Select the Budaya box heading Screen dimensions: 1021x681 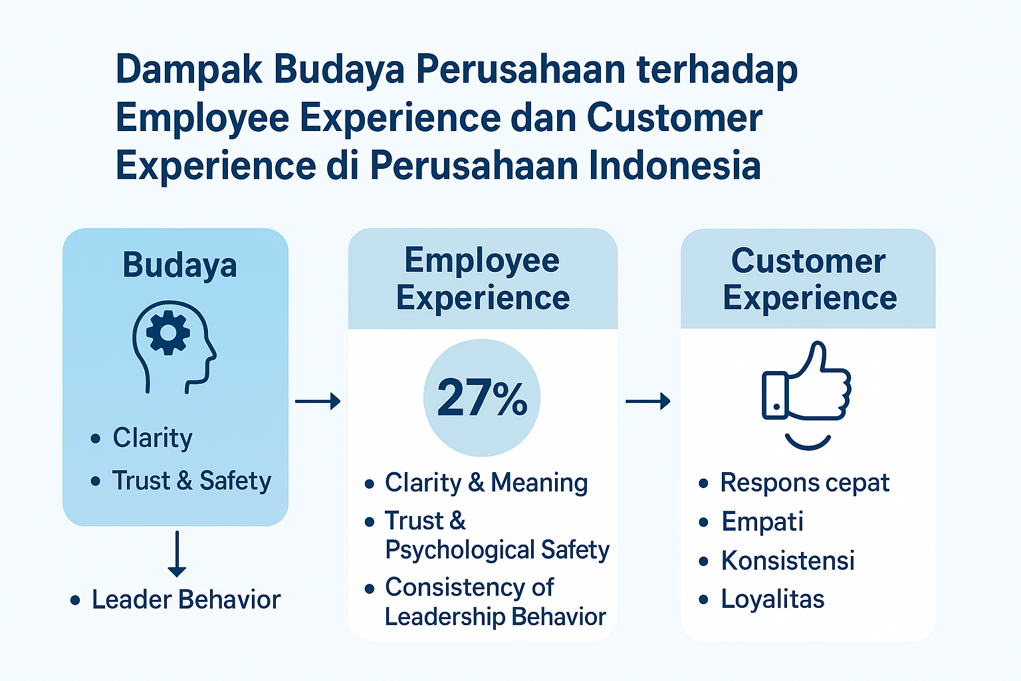pyautogui.click(x=179, y=265)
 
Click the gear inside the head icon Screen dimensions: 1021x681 pyautogui.click(x=168, y=333)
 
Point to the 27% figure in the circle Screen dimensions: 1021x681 pyautogui.click(x=482, y=398)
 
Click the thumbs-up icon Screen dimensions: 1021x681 pyautogui.click(x=806, y=381)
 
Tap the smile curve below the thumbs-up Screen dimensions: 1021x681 pyautogui.click(x=807, y=442)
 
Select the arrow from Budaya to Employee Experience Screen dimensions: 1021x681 pyautogui.click(x=318, y=402)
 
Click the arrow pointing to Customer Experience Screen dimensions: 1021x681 pyautogui.click(x=647, y=402)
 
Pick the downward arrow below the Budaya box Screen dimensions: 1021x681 pyautogui.click(x=177, y=554)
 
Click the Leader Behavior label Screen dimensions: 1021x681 pyautogui.click(x=186, y=599)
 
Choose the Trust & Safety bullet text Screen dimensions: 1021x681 pyautogui.click(x=191, y=481)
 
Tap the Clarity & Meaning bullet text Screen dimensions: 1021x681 pyautogui.click(x=487, y=483)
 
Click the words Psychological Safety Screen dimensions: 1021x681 pyautogui.click(x=497, y=549)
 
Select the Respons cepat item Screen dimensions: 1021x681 pyautogui.click(x=805, y=483)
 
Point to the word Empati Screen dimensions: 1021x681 pyautogui.click(x=762, y=521)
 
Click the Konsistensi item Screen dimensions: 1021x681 pyautogui.click(x=788, y=560)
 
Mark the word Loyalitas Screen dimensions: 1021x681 pyautogui.click(x=773, y=599)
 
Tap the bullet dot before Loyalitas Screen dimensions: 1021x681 pyautogui.click(x=703, y=599)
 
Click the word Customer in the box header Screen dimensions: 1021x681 pyautogui.click(x=808, y=261)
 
